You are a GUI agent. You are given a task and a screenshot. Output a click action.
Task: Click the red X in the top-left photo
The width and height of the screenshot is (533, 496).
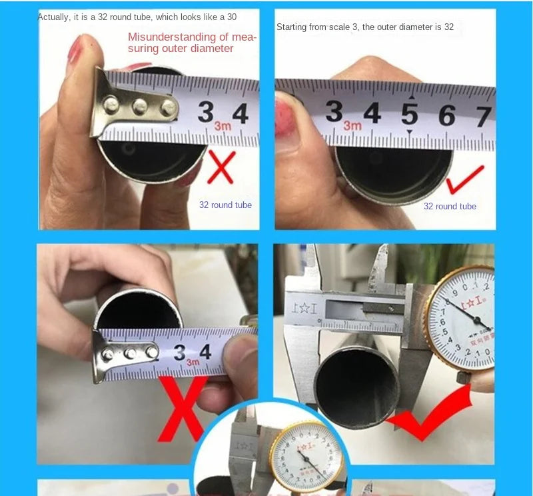(221, 167)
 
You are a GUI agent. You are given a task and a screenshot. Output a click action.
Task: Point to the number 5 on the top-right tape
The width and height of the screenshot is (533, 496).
(410, 115)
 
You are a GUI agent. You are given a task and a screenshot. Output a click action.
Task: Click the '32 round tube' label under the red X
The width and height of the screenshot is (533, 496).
(225, 205)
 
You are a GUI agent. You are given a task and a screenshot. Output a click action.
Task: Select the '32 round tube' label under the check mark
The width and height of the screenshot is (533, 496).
(450, 206)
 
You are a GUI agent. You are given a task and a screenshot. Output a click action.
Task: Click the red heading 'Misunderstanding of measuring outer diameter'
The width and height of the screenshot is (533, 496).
(191, 42)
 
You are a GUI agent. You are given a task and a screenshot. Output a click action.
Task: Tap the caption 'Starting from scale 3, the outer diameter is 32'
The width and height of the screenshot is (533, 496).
(364, 27)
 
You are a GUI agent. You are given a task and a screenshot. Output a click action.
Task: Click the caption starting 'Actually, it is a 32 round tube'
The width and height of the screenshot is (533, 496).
(137, 17)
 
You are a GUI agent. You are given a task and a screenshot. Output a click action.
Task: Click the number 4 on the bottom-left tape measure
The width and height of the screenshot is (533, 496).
(205, 351)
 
